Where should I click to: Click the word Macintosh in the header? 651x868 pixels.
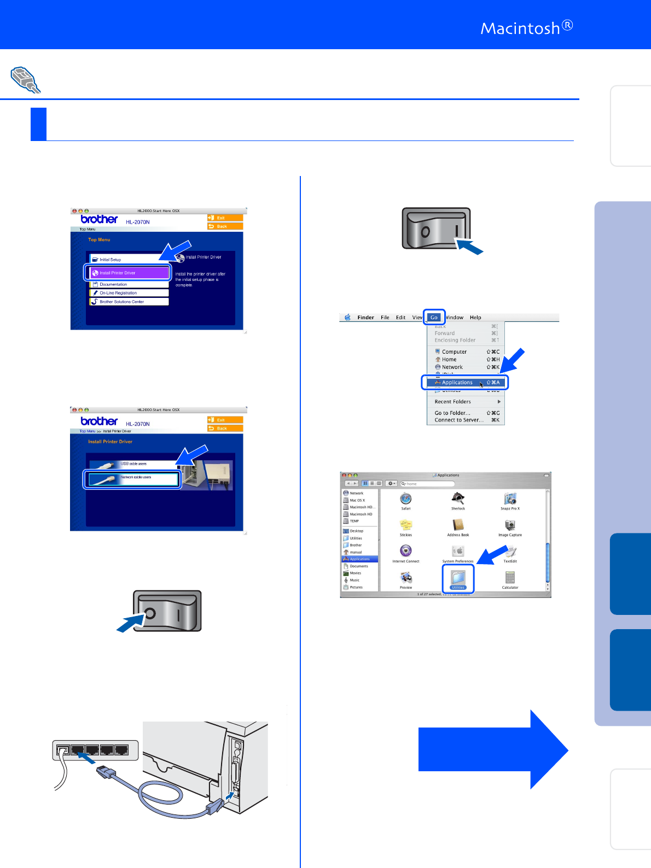pos(520,28)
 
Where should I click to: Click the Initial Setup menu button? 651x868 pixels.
pos(129,260)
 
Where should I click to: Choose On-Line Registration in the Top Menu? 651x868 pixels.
pos(129,293)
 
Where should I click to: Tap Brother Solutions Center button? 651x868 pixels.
pos(129,302)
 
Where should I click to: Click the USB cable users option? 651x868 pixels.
pos(132,464)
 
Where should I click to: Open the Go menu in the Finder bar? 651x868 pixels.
pos(434,317)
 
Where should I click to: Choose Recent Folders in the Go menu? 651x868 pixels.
pos(453,402)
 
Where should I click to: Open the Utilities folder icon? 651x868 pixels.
pos(458,578)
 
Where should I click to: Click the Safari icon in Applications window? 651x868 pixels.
pos(406,499)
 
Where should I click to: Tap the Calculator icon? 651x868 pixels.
pos(510,578)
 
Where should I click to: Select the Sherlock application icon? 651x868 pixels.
pos(458,498)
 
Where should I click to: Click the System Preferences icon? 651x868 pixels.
pos(458,552)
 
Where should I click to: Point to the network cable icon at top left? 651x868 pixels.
pos(25,80)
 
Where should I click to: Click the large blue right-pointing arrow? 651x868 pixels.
pos(492,749)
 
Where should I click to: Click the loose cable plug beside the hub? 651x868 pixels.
pos(106,772)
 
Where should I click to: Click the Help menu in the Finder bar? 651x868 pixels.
pos(475,318)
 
